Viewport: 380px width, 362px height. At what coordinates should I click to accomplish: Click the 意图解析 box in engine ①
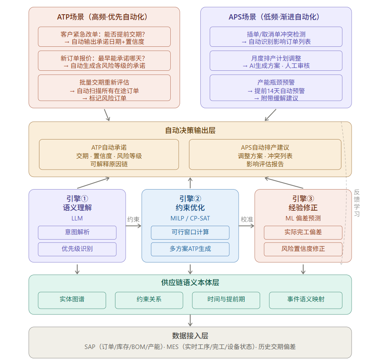click(x=77, y=232)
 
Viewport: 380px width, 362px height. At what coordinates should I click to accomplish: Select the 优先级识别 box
click(x=77, y=249)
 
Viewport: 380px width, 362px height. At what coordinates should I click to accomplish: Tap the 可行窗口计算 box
click(x=190, y=232)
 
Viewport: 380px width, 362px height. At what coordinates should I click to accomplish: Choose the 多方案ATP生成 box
click(x=190, y=249)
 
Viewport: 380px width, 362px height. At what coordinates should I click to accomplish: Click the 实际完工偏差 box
click(x=303, y=232)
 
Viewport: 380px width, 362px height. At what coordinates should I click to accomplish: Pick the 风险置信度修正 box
click(x=303, y=249)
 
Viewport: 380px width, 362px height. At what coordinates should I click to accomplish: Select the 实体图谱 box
click(x=72, y=300)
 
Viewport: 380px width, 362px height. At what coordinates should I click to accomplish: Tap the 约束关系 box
click(x=149, y=300)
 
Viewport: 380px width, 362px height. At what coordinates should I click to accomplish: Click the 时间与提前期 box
click(x=226, y=300)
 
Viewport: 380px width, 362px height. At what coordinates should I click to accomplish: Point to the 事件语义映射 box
click(x=303, y=300)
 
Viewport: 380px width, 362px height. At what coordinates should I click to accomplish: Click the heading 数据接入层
click(x=190, y=336)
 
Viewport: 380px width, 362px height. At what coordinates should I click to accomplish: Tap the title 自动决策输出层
click(x=190, y=131)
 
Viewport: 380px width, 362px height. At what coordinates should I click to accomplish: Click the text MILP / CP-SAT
click(x=190, y=218)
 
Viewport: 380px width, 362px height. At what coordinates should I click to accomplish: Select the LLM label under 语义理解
click(x=77, y=218)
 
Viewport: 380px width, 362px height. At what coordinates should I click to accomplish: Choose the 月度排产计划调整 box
click(x=276, y=61)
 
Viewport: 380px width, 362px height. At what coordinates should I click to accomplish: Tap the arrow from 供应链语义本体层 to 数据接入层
click(x=190, y=320)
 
